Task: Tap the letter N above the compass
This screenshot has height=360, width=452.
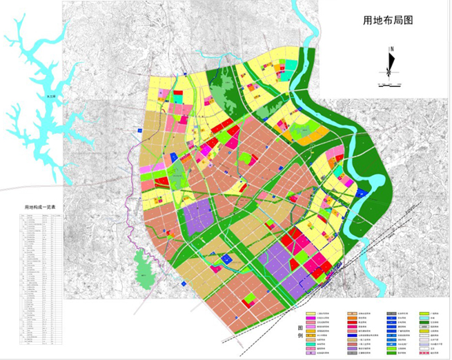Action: click(x=391, y=48)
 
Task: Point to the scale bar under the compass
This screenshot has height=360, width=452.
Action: click(x=390, y=84)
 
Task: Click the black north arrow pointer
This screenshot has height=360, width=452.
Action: click(x=390, y=66)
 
